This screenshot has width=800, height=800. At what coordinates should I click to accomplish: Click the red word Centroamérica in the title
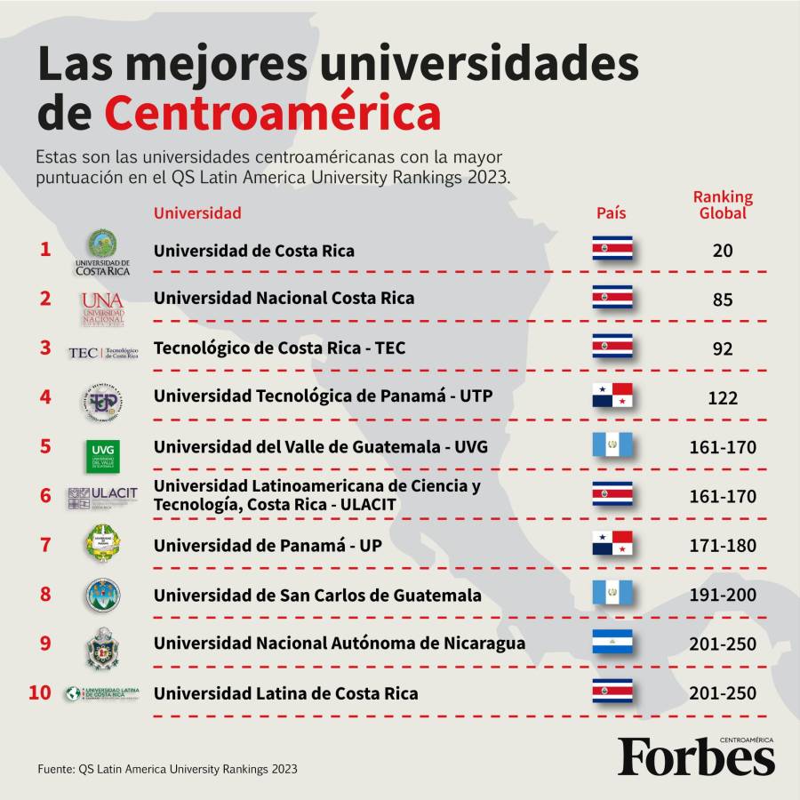pyautogui.click(x=272, y=114)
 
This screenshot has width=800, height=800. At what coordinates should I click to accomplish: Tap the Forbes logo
pyautogui.click(x=696, y=757)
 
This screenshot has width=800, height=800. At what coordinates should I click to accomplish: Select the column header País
pyautogui.click(x=611, y=212)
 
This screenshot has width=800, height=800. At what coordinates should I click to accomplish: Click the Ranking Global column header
pyautogui.click(x=722, y=205)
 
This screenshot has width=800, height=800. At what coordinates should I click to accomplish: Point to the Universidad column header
pyautogui.click(x=197, y=212)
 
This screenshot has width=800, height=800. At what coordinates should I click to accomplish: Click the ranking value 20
pyautogui.click(x=722, y=252)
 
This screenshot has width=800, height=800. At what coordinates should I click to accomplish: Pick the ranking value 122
pyautogui.click(x=722, y=398)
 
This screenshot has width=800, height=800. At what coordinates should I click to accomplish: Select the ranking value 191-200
pyautogui.click(x=722, y=595)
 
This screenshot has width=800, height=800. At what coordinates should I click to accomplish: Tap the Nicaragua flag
pyautogui.click(x=612, y=642)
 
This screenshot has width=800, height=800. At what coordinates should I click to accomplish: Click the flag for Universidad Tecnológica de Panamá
pyautogui.click(x=612, y=396)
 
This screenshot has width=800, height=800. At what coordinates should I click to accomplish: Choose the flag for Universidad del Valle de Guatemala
pyautogui.click(x=612, y=444)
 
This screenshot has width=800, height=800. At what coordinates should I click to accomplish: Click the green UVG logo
pyautogui.click(x=103, y=455)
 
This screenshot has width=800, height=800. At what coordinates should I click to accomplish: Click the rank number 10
pyautogui.click(x=40, y=692)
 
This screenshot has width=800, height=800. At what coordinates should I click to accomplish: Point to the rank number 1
pyautogui.click(x=45, y=249)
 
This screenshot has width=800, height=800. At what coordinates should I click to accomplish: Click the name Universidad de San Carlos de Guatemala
pyautogui.click(x=317, y=595)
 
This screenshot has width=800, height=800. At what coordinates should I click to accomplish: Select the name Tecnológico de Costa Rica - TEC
pyautogui.click(x=279, y=348)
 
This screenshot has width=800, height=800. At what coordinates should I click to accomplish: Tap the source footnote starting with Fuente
pyautogui.click(x=167, y=769)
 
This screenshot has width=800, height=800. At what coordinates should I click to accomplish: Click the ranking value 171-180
pyautogui.click(x=722, y=546)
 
